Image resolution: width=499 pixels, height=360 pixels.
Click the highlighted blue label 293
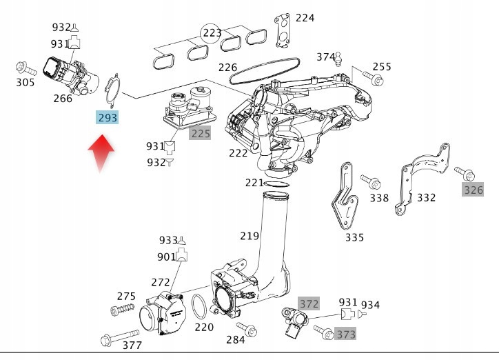point(108,118)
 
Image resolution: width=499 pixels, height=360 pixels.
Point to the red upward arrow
point(101,153)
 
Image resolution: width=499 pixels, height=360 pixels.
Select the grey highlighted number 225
point(200,133)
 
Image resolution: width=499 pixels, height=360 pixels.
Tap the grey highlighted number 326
point(473,189)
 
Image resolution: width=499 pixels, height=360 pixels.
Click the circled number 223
point(212,32)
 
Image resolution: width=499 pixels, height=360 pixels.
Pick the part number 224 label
point(305,18)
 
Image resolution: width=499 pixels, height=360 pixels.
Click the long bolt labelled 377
point(111,339)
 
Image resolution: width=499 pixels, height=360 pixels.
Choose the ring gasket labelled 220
point(198,303)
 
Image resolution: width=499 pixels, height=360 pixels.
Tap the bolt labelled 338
point(373,183)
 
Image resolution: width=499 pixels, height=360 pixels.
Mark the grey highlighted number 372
point(309,303)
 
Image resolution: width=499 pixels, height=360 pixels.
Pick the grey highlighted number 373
point(346,334)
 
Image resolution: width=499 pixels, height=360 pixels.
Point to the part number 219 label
point(250,235)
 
